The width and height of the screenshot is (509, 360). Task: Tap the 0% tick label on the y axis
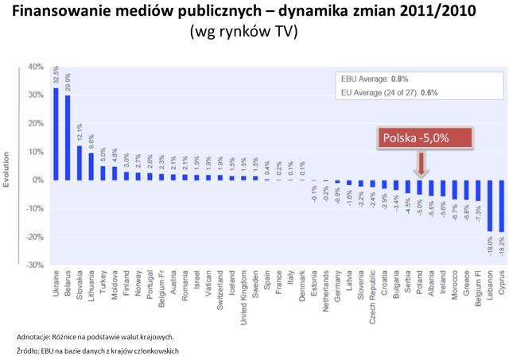[x=37, y=180]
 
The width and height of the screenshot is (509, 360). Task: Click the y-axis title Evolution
[x=7, y=165]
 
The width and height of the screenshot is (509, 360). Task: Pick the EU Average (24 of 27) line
[x=390, y=93]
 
